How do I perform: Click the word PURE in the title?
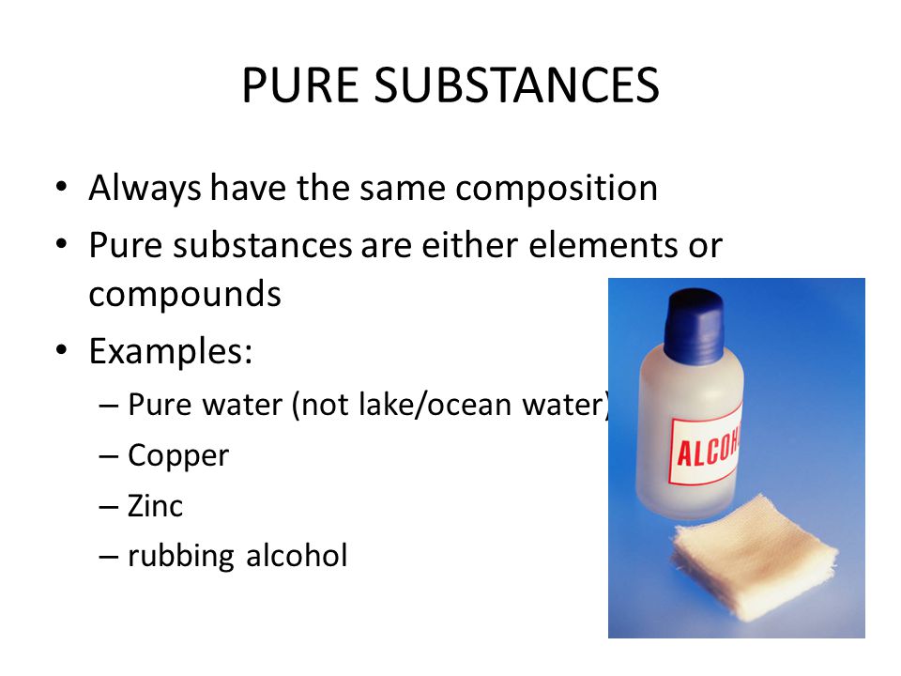point(300,85)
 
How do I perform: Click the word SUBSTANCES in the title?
point(516,85)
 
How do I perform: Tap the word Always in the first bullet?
point(145,189)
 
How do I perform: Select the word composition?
point(557,189)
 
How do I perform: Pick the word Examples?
point(170,351)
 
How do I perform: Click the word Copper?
point(178,456)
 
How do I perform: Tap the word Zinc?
point(155,506)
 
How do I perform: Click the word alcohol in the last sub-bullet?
point(297,555)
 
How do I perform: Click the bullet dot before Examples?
point(62,350)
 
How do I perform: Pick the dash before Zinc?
point(109,507)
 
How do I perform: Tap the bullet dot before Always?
point(62,188)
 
